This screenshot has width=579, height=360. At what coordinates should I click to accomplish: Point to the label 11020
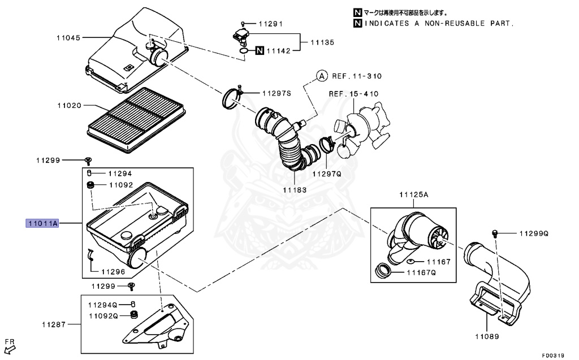coord(68,105)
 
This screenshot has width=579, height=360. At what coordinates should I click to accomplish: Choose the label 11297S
coord(276,93)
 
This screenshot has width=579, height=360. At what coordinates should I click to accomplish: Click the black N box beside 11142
coord(259,51)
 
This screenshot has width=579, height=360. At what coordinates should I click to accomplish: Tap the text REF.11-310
coord(358,76)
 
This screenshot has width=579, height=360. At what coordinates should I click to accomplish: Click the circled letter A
coord(321,76)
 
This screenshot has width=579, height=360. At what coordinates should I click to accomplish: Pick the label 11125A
coord(414,194)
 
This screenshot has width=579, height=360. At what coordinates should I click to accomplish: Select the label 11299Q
coord(533,233)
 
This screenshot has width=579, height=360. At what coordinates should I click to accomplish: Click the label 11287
coord(54,325)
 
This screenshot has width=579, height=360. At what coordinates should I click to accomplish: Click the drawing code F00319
coord(553,355)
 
